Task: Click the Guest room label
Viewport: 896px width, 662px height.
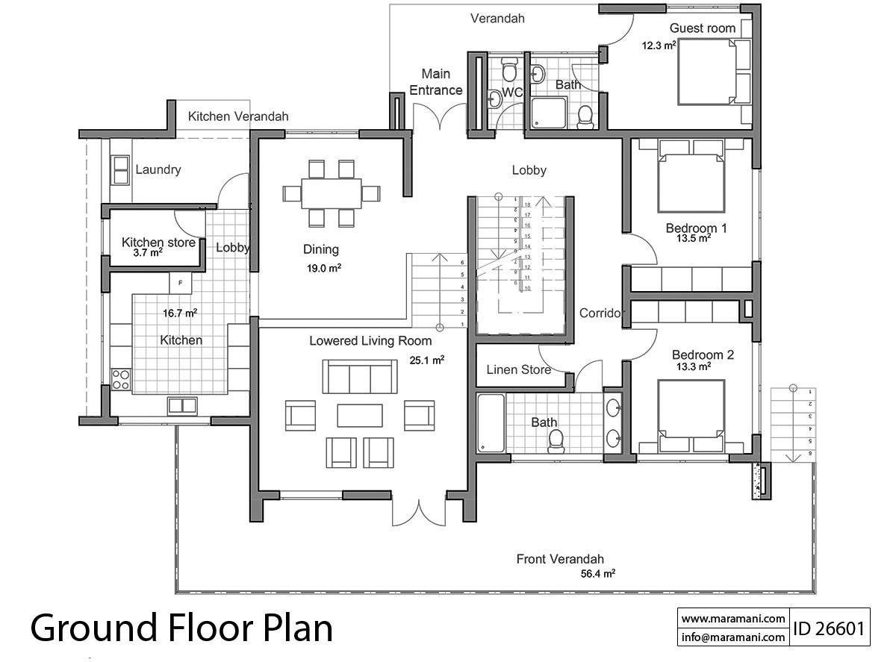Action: [x=702, y=28]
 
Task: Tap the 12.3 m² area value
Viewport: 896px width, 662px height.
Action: [x=659, y=45]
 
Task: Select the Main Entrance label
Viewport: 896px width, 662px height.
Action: [x=436, y=82]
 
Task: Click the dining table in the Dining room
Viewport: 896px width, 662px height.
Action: [x=331, y=193]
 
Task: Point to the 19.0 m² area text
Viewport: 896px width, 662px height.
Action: [x=325, y=267]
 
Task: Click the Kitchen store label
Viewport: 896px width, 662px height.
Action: [x=158, y=243]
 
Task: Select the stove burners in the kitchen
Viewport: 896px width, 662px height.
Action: [x=120, y=379]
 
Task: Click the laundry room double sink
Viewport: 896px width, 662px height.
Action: [x=120, y=171]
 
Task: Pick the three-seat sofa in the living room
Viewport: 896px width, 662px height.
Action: [x=359, y=376]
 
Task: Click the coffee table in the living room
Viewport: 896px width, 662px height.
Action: [x=359, y=415]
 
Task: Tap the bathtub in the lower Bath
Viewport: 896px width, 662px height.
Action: [x=490, y=423]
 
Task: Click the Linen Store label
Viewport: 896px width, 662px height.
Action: [x=518, y=369]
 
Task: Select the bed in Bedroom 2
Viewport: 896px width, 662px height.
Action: [x=691, y=415]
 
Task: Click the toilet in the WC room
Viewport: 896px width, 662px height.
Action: [x=509, y=72]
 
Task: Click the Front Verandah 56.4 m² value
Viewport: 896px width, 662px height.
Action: [x=597, y=574]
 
